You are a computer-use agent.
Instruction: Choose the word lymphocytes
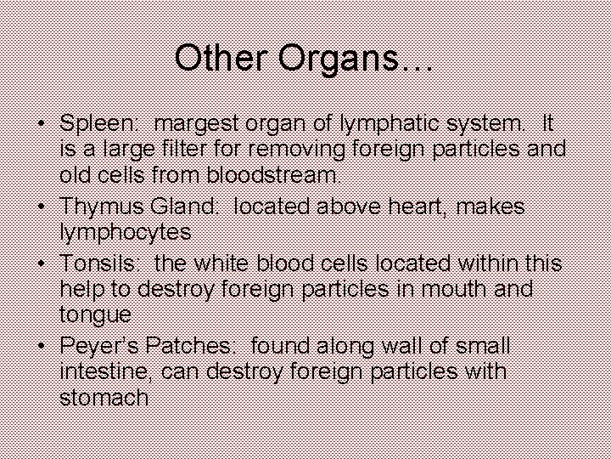pyautogui.click(x=125, y=232)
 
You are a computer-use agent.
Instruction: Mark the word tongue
pyautogui.click(x=95, y=315)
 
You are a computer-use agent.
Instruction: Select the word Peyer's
pyautogui.click(x=102, y=347)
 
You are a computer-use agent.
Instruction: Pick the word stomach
pyautogui.click(x=104, y=397)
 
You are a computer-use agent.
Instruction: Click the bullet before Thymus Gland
pyautogui.click(x=41, y=207)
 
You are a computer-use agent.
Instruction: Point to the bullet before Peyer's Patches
pyautogui.click(x=41, y=346)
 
